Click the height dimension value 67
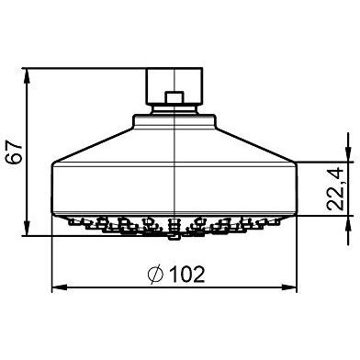[x=16, y=152]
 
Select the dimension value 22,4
[x=336, y=189]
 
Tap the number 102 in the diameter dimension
[x=187, y=275]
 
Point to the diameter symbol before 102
[x=155, y=275]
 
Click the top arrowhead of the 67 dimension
[x=28, y=75]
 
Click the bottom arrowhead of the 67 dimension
[x=28, y=228]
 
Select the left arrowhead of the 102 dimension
[x=60, y=287]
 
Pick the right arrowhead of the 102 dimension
[x=289, y=287]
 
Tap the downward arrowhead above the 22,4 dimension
[x=348, y=154]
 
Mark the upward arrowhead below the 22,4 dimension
[x=348, y=223]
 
